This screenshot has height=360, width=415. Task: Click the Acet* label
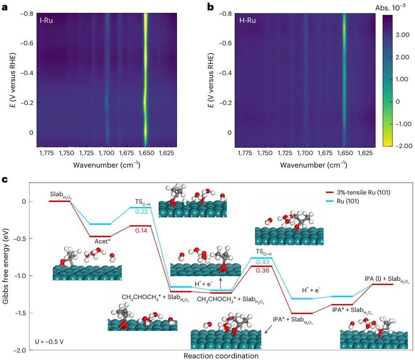coord(102,241)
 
